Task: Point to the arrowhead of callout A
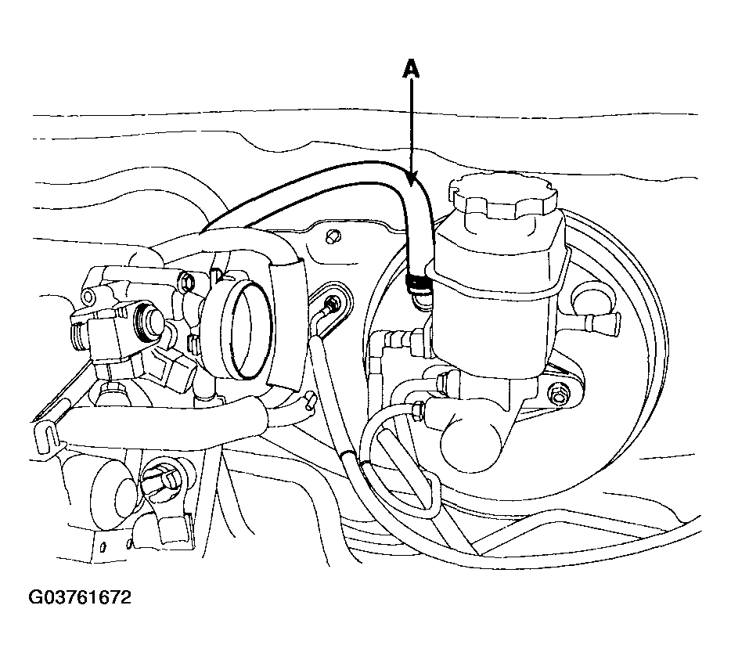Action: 412,181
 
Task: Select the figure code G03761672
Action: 80,597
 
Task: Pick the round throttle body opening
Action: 247,328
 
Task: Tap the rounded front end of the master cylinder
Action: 472,438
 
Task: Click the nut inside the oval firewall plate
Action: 332,303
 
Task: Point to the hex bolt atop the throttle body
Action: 187,281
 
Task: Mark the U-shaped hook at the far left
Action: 48,434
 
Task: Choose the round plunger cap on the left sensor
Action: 150,322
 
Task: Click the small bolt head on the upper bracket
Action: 332,236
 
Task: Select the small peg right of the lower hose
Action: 309,402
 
